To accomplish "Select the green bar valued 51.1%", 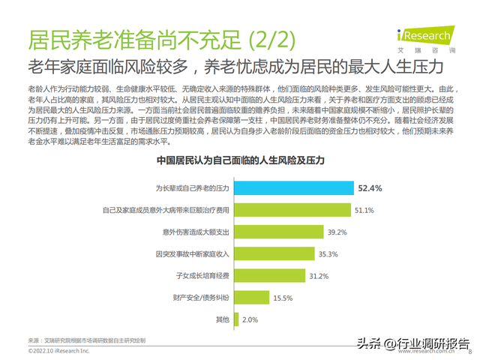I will [293, 209].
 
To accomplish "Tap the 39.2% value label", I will [338, 232].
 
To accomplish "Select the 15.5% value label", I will [282, 298].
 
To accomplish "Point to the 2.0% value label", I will [250, 320].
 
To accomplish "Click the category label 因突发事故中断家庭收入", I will [191, 253].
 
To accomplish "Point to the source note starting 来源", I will [86, 340].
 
